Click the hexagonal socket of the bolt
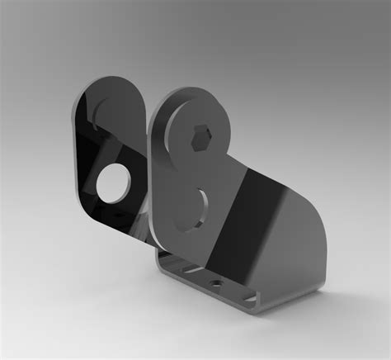pos(200,137)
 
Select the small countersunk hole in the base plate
pos(217,282)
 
